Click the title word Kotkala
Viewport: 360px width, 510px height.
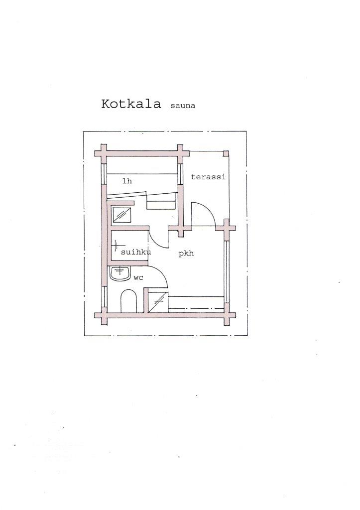pos(131,104)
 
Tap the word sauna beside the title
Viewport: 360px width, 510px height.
pos(182,106)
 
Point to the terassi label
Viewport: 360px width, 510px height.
pos(208,177)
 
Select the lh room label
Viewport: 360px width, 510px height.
pos(127,181)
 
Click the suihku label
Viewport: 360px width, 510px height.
pos(136,252)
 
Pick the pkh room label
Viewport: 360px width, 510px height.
pos(186,254)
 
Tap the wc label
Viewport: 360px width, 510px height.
pos(138,278)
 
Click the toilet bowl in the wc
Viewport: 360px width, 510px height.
pos(128,301)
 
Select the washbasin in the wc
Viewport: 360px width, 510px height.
pos(120,273)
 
